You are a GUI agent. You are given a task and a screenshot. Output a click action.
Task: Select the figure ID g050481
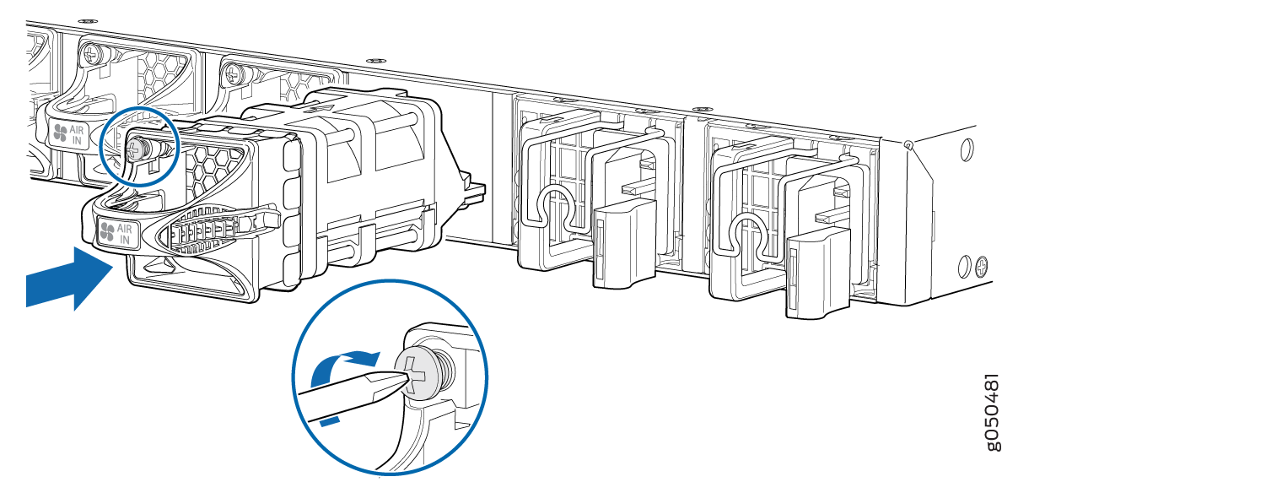[993, 412]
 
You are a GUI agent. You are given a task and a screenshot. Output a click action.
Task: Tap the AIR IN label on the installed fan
[70, 134]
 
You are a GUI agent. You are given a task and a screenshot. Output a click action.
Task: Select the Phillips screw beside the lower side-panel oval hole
[983, 265]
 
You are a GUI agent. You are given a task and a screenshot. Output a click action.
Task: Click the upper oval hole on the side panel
[967, 149]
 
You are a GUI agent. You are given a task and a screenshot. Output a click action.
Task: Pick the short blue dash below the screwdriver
[330, 420]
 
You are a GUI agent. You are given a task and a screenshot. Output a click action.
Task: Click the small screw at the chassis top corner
[909, 144]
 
